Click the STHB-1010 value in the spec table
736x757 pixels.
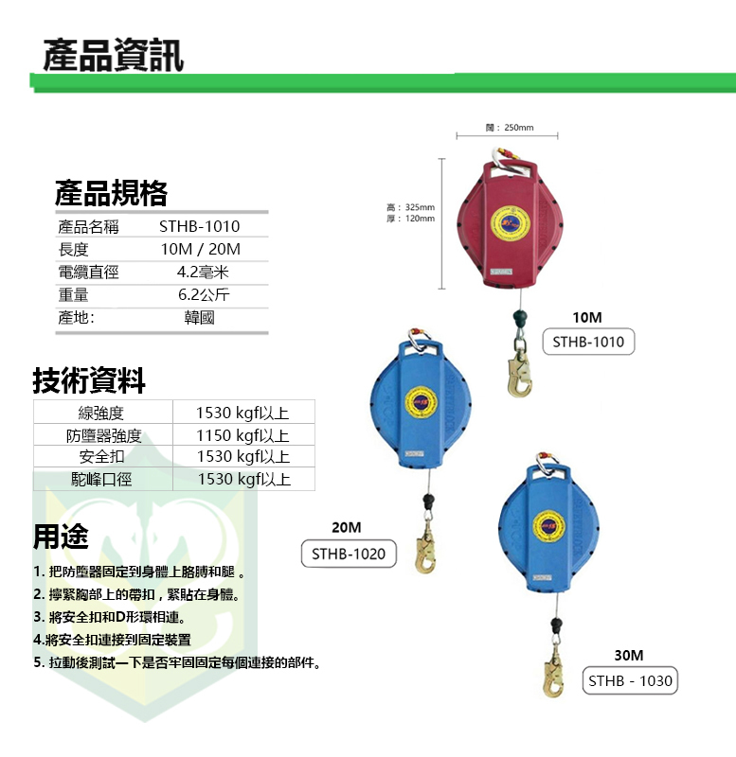click(x=199, y=226)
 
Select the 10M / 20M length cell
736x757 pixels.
click(x=200, y=250)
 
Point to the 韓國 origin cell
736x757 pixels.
click(x=199, y=318)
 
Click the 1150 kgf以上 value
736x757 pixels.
click(x=242, y=435)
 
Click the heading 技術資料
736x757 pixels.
click(x=90, y=381)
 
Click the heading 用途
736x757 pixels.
click(x=61, y=537)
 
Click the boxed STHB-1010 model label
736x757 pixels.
click(x=588, y=342)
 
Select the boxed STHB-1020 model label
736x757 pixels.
click(x=349, y=554)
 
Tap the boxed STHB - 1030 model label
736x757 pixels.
click(x=630, y=680)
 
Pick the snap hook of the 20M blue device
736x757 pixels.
click(x=428, y=551)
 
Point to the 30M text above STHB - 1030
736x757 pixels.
click(x=628, y=655)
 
